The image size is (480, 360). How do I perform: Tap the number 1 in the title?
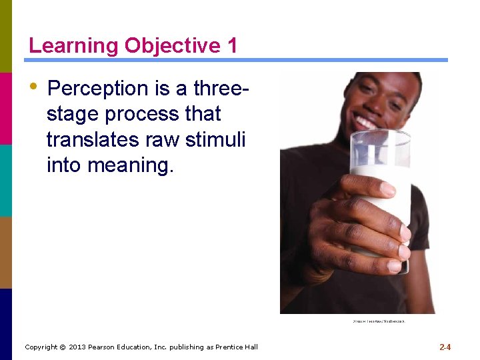tap(231, 46)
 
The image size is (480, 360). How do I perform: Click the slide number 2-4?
tap(445, 347)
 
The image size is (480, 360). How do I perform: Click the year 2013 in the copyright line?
tap(78, 347)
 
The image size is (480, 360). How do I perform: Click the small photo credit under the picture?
tap(378, 321)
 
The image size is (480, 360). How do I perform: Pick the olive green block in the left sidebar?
tap(6, 36)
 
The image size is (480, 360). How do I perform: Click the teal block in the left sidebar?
tap(6, 180)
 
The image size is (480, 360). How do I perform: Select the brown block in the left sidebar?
tap(6, 252)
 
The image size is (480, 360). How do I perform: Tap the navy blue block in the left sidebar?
tap(6, 324)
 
